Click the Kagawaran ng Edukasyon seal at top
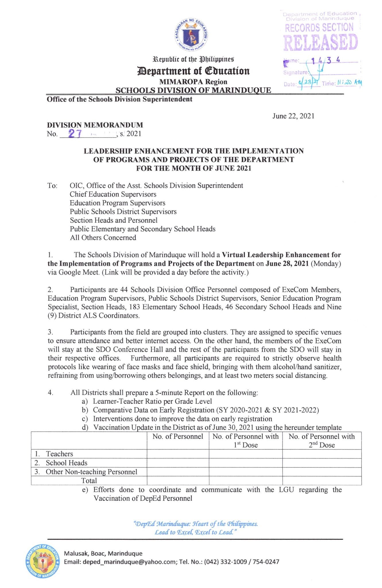pos(191,35)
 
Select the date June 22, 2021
pos(293,116)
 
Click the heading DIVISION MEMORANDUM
pos(95,125)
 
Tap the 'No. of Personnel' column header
pos(178,436)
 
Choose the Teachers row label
pos(59,454)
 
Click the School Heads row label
pos(66,463)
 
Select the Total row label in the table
pos(89,481)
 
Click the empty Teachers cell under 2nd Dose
pos(322,454)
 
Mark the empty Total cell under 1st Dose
pos(245,481)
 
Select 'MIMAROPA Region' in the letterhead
pos(193,82)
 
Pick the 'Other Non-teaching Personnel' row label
pos(91,472)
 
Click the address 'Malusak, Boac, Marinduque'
pos(103,553)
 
